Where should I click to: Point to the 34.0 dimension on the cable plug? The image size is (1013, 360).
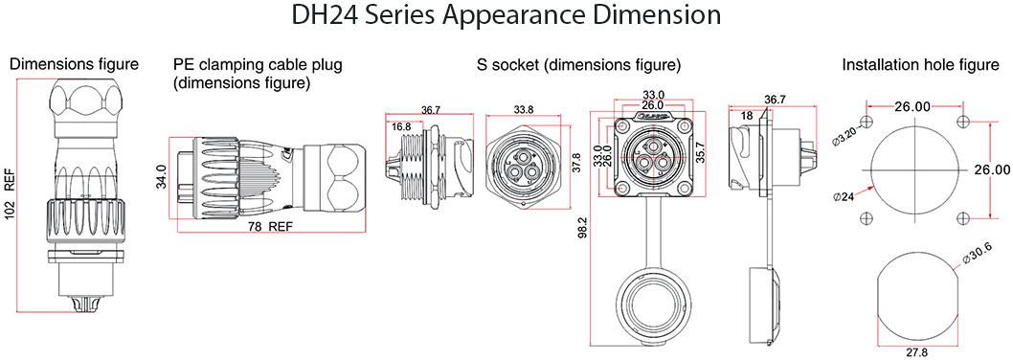[162, 177]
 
